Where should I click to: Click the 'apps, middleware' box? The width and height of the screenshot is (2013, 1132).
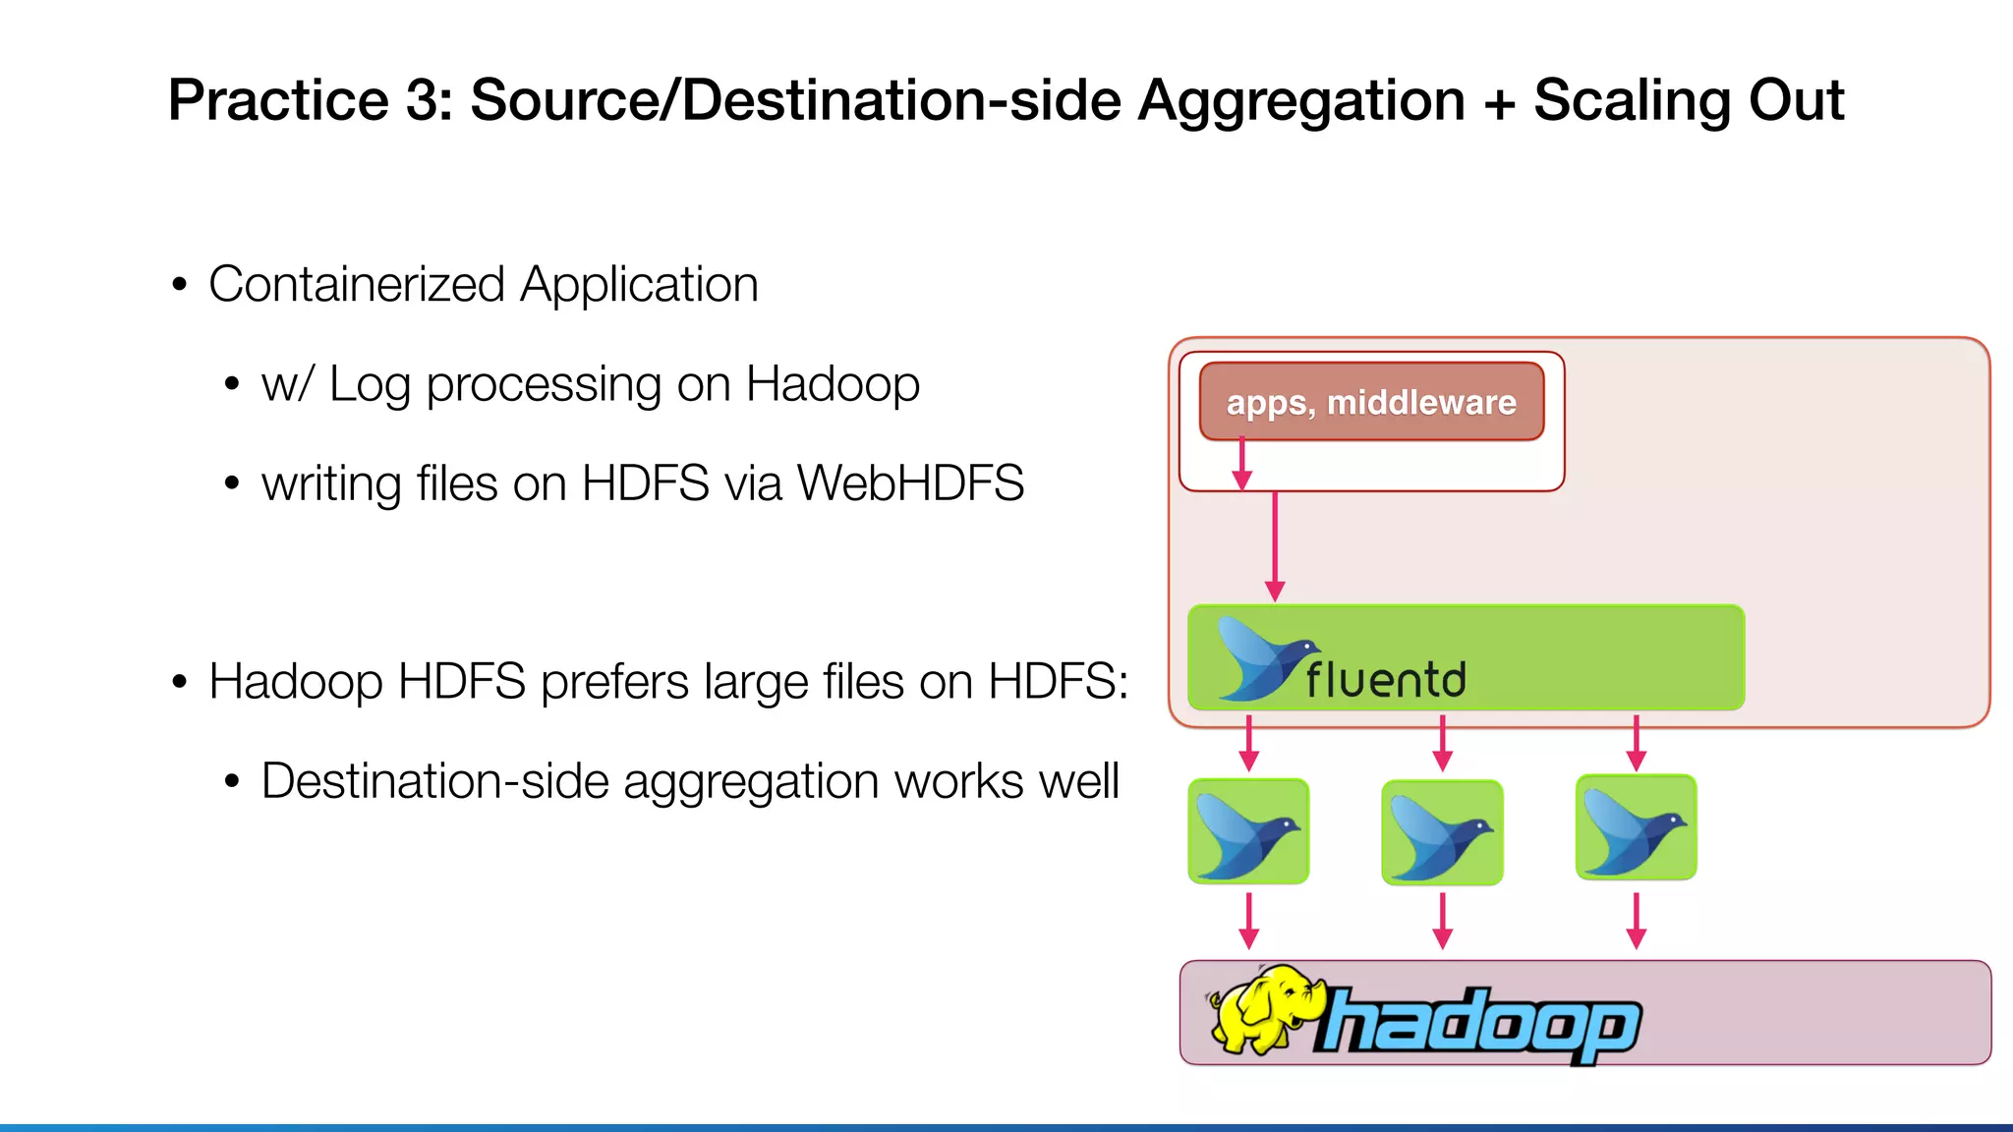pyautogui.click(x=1371, y=402)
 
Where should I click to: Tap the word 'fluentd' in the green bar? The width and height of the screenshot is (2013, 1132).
pyautogui.click(x=1386, y=680)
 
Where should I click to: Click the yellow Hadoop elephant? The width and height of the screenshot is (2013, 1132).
pyautogui.click(x=1263, y=1009)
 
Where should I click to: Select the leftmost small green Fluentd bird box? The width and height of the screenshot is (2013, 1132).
pyautogui.click(x=1248, y=831)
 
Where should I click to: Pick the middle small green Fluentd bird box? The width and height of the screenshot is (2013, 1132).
pyautogui.click(x=1442, y=832)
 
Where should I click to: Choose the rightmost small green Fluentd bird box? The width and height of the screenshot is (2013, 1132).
pyautogui.click(x=1636, y=827)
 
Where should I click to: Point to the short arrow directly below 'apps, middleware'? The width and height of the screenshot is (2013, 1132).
pyautogui.click(x=1242, y=463)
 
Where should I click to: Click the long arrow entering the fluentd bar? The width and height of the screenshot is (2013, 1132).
pyautogui.click(x=1275, y=546)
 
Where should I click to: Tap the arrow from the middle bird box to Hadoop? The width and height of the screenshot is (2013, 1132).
pyautogui.click(x=1442, y=921)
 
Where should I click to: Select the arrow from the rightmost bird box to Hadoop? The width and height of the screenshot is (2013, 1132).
pyautogui.click(x=1636, y=921)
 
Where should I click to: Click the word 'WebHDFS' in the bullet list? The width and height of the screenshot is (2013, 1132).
pyautogui.click(x=910, y=483)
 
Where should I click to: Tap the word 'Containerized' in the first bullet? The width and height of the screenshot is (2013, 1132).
pyautogui.click(x=356, y=285)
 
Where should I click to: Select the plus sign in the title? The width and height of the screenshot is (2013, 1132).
pyautogui.click(x=1500, y=102)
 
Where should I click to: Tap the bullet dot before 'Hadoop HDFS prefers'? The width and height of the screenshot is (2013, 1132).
pyautogui.click(x=179, y=682)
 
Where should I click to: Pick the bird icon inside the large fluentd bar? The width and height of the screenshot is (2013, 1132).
pyautogui.click(x=1264, y=658)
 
